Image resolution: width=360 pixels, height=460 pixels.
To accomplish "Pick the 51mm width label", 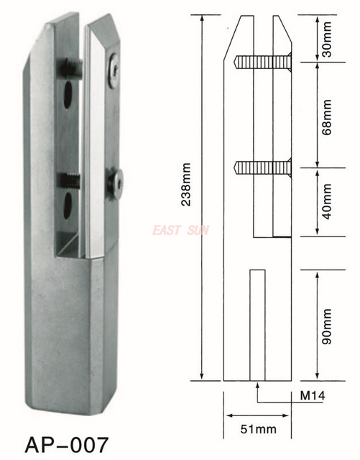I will coord(257,429).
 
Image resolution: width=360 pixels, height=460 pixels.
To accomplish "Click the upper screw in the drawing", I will coord(262,64).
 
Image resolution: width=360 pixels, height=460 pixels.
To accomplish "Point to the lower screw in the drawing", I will coord(262,167).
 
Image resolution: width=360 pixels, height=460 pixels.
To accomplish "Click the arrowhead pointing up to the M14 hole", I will coord(257,385).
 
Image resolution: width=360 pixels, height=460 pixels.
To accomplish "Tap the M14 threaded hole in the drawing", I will coord(257,323).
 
